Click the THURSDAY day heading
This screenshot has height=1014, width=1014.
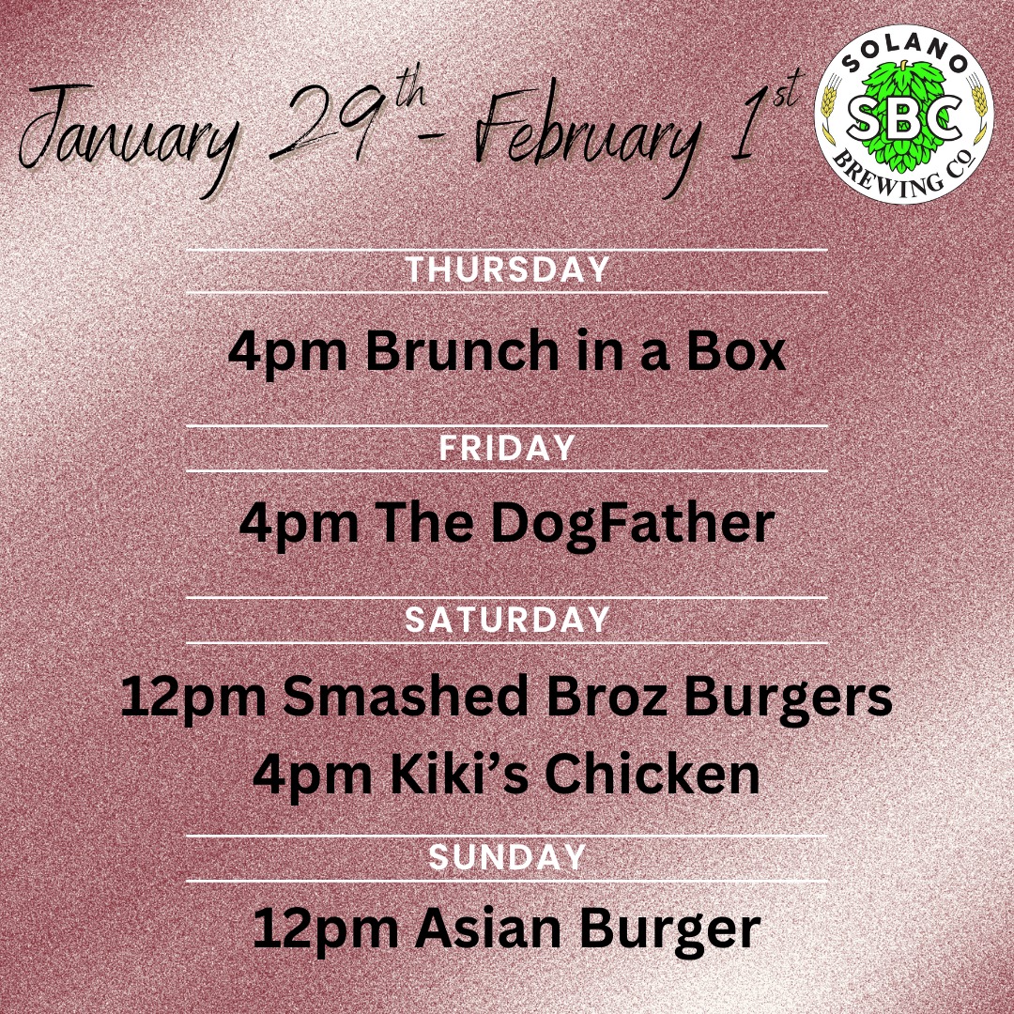pos(507,269)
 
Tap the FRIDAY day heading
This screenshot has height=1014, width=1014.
pos(507,448)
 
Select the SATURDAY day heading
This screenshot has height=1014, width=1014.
pos(507,620)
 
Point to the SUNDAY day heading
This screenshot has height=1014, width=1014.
pos(507,857)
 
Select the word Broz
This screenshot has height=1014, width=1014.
pos(607,696)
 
